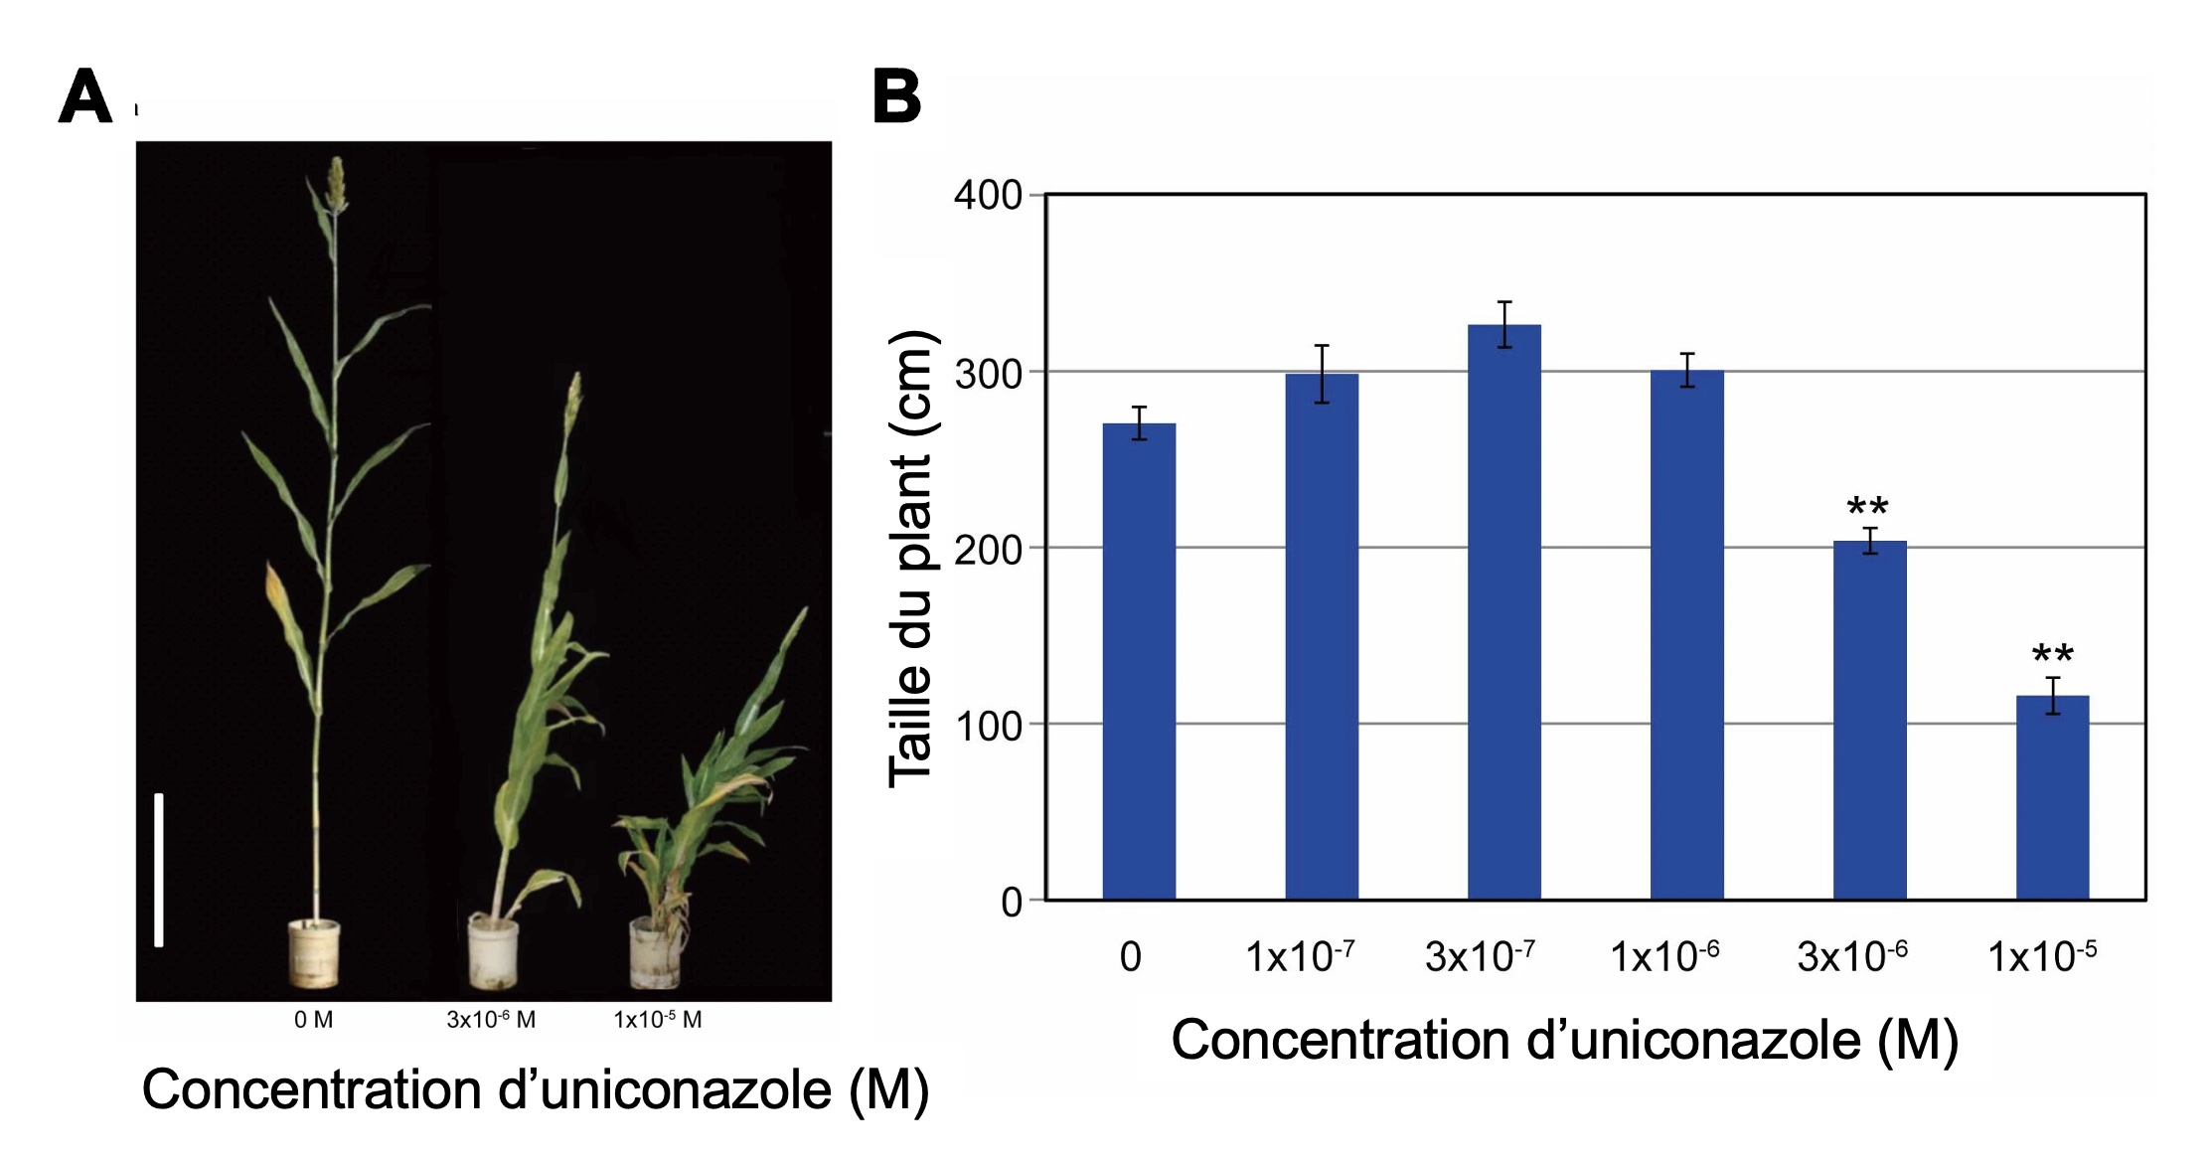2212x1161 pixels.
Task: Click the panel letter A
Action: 85,97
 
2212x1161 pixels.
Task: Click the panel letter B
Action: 896,97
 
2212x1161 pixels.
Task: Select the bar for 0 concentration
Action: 1139,661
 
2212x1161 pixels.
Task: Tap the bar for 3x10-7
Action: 1503,611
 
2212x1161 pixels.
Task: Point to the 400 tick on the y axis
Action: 988,196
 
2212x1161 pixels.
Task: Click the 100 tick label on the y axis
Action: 988,726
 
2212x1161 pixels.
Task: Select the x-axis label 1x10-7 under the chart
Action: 1300,956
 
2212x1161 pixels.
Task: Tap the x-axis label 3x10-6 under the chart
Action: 1852,956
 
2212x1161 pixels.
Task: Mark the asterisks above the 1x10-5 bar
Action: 2052,656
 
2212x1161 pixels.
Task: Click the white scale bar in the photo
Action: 159,870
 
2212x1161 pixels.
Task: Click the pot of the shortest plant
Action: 656,954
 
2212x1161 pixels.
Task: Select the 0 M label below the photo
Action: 313,1020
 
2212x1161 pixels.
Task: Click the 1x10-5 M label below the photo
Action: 658,1020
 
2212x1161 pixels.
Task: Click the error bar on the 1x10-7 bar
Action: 1322,374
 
